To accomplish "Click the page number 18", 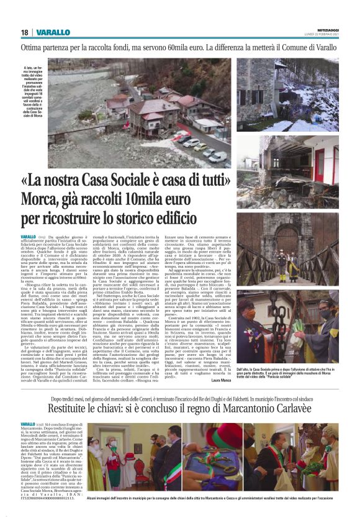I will click(x=24, y=32).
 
